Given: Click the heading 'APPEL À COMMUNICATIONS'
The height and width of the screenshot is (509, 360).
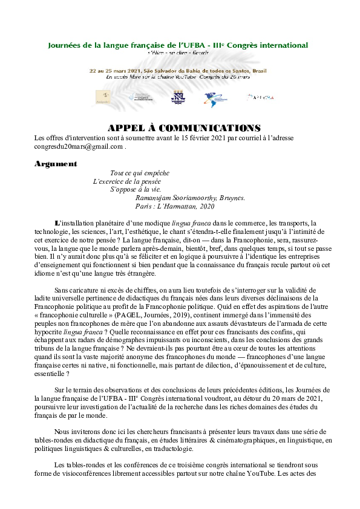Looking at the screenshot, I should pos(184,128).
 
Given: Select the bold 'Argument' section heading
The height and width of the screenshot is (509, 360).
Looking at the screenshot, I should pos(56,164).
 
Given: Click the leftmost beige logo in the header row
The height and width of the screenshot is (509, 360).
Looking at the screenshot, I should pos(105,97).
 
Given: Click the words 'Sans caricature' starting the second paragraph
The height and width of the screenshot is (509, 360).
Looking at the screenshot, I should pos(76,290).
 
